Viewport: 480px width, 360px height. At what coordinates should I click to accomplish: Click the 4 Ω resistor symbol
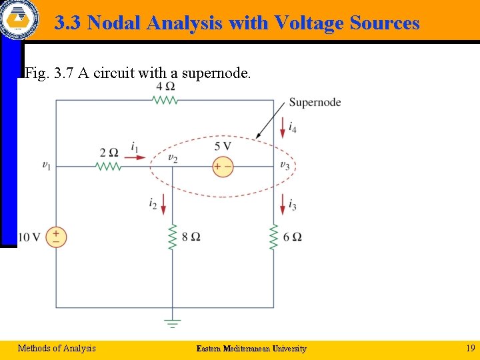coord(165,100)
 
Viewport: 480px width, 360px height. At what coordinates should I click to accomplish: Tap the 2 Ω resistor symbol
coord(109,166)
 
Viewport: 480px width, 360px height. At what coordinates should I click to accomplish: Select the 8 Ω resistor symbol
coord(173,237)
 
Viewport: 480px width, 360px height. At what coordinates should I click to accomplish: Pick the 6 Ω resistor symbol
coord(273,237)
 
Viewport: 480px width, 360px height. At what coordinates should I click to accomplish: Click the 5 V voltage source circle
coord(223,166)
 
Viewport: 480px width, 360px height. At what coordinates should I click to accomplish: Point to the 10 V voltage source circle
coord(56,237)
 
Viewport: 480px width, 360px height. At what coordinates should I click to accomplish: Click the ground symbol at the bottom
coord(173,323)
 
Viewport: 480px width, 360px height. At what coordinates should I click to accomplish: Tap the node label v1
coord(46,165)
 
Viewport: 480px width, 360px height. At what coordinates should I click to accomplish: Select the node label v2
coord(173,158)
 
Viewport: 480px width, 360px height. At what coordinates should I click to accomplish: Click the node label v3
coord(284,165)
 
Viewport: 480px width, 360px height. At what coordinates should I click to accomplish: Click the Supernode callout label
coord(315,103)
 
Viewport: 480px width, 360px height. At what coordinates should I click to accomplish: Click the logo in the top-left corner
coord(19,19)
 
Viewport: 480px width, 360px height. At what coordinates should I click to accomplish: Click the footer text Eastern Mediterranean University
coord(251,349)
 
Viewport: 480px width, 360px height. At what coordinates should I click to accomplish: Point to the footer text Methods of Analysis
coord(57,348)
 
